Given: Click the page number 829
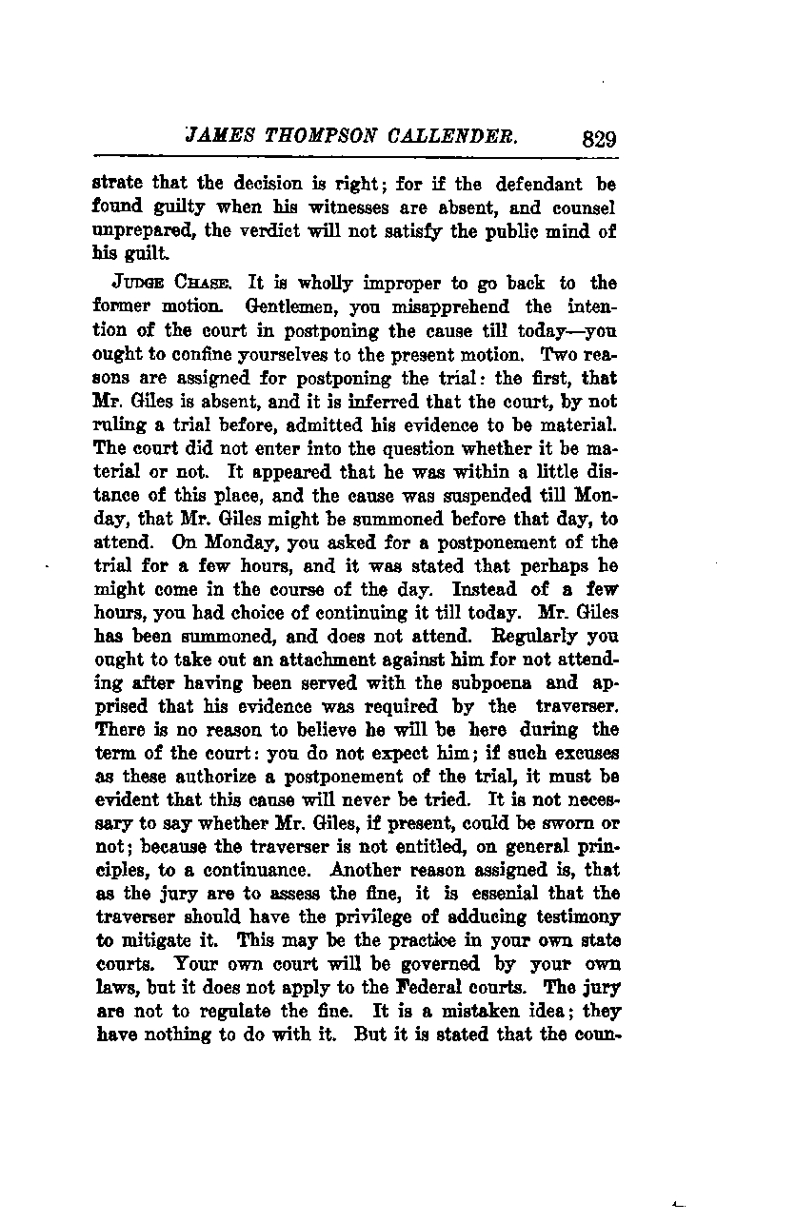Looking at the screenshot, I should pos(598,138).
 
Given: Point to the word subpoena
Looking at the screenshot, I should pos(521,682).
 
